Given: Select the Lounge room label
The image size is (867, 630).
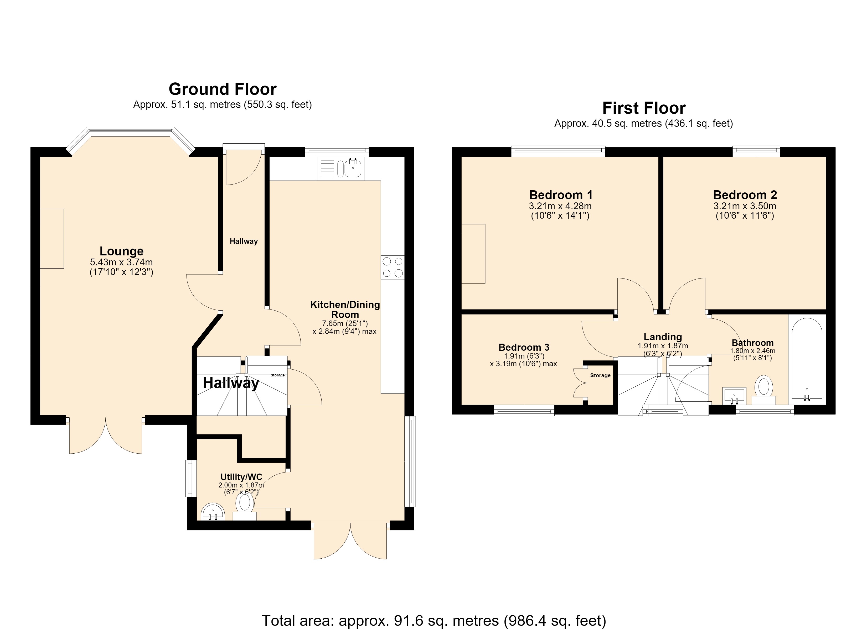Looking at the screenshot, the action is pos(122,251).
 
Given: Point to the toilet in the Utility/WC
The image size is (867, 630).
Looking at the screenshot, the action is pos(245,507).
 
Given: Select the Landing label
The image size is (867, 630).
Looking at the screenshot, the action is pos(663,337).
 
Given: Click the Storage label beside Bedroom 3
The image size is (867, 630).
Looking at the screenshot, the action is pos(600,376).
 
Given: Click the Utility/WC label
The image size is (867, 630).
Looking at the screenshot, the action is pos(241,477).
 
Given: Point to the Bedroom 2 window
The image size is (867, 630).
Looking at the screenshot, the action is pos(756,151).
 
